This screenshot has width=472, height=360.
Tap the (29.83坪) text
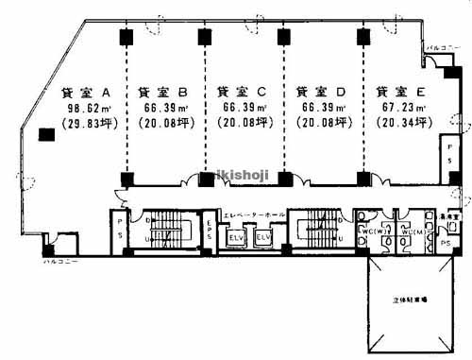click(x=86, y=123)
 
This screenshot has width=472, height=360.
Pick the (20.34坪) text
click(x=401, y=123)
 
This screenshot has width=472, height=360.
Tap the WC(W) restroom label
click(x=369, y=231)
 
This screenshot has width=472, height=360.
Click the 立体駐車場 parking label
click(x=410, y=300)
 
